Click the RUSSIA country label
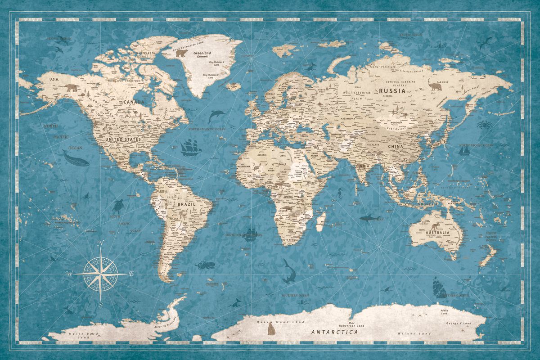click(x=394, y=90)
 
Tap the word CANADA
click(x=134, y=102)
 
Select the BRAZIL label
click(x=186, y=204)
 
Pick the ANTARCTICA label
click(x=335, y=332)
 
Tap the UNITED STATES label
click(x=123, y=139)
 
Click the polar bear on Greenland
click(x=182, y=54)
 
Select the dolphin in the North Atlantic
click(x=217, y=116)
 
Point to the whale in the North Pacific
click(x=75, y=158)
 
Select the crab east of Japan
click(x=484, y=124)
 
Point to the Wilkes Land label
click(x=408, y=333)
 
